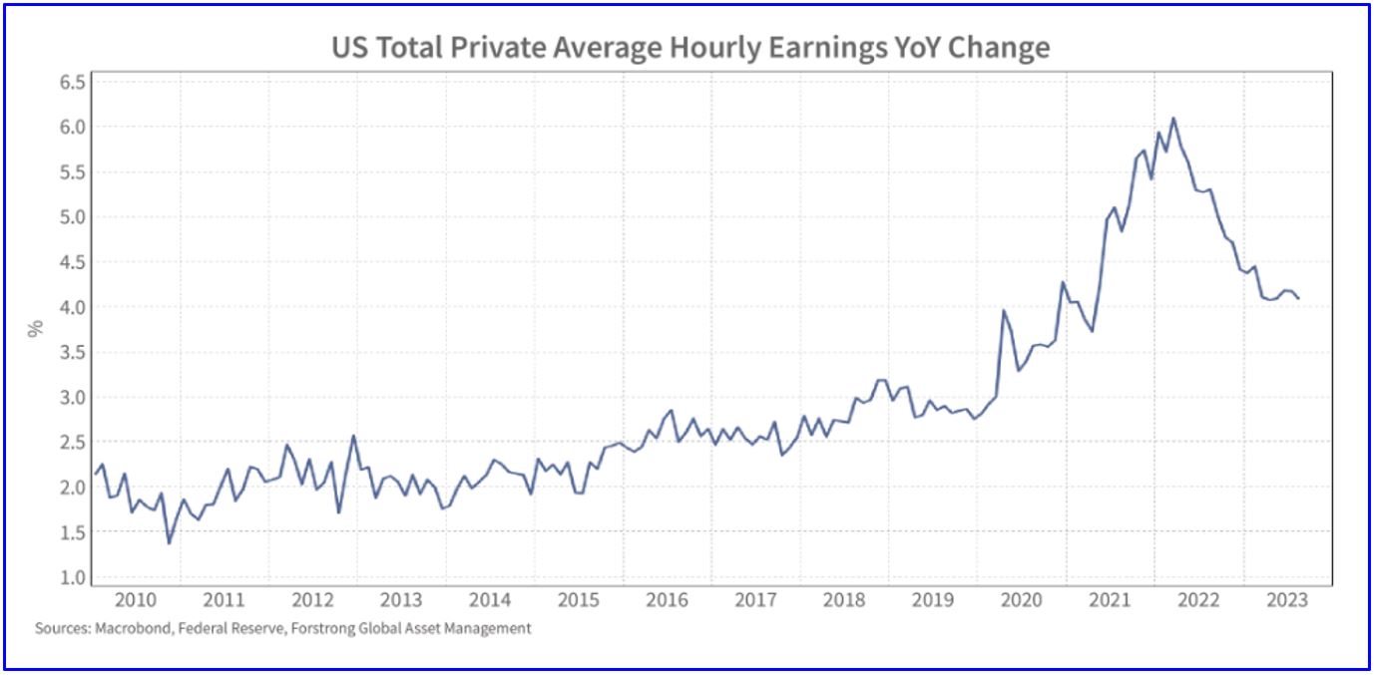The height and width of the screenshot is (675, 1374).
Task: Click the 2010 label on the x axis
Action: [136, 600]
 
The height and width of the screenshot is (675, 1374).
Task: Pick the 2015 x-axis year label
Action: [579, 600]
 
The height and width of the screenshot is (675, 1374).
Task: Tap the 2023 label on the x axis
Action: [1287, 600]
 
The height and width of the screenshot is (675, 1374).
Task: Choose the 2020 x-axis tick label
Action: [1022, 600]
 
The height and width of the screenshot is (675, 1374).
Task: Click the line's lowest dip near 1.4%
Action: [169, 542]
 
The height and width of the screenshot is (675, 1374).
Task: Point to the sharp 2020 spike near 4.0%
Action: [1003, 311]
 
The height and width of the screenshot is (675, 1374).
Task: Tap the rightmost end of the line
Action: [1298, 298]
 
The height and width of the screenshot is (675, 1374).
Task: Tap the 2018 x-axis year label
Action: [844, 600]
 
